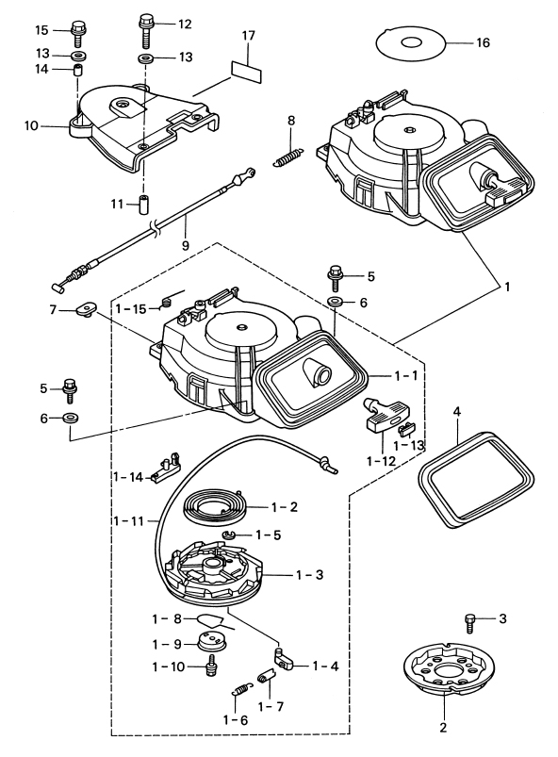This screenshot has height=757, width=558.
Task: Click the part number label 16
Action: click(x=483, y=43)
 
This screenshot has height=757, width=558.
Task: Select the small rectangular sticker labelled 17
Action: click(x=247, y=70)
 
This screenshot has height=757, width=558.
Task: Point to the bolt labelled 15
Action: click(x=77, y=33)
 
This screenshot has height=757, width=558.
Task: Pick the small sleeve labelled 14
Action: click(x=77, y=70)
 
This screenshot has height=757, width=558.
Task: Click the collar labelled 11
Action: click(x=143, y=204)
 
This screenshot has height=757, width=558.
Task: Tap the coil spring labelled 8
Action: click(x=288, y=156)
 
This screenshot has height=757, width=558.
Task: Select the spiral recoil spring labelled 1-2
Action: click(x=216, y=506)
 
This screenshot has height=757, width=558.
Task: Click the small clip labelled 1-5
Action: click(x=230, y=534)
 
